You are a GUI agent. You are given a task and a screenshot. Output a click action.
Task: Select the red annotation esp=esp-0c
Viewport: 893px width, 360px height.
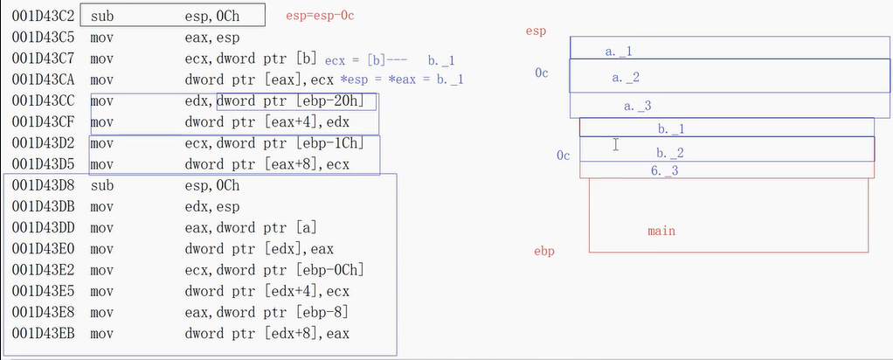pos(320,17)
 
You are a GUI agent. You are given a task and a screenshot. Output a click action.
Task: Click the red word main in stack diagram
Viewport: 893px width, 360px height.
pos(661,232)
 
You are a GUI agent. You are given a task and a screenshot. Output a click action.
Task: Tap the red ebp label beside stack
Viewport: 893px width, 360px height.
pos(543,252)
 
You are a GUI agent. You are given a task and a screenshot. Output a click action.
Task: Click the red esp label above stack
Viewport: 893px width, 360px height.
pos(536,31)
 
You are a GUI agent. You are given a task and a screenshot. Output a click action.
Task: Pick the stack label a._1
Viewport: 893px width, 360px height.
pos(619,52)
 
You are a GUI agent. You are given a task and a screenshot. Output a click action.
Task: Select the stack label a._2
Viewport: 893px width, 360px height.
pos(626,78)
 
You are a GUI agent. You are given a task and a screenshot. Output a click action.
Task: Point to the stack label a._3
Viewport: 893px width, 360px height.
pos(638,106)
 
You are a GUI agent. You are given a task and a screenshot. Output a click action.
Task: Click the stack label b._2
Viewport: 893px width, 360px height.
pos(670,152)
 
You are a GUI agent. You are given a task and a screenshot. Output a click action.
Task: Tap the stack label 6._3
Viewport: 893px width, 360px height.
pos(664,170)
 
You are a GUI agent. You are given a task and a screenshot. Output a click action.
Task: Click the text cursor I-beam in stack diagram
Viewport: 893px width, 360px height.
pos(615,144)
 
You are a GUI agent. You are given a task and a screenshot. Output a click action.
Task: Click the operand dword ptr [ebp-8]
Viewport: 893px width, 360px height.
pos(267,312)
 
